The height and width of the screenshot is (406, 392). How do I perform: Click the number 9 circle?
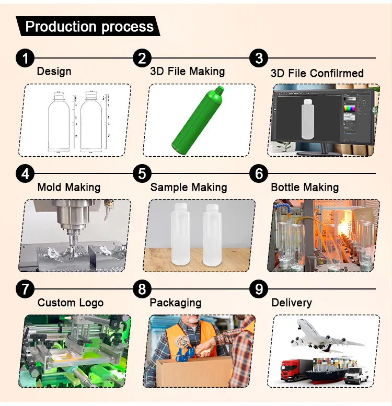click(x=259, y=288)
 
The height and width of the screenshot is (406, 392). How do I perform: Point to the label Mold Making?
click(x=68, y=187)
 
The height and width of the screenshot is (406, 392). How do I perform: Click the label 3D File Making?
click(x=187, y=72)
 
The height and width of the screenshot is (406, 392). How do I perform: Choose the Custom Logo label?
click(x=71, y=303)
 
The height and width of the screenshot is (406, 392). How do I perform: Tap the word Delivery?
click(x=291, y=303)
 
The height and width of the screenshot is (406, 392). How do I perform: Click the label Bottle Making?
click(x=304, y=187)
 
